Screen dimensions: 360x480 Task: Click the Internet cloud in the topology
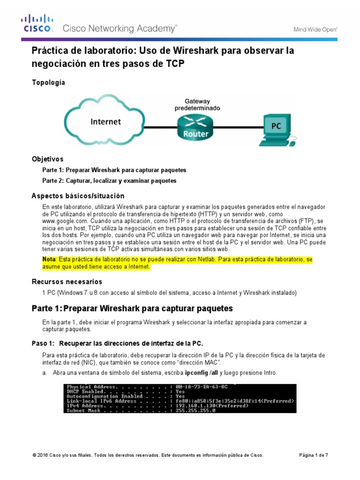tap(105, 121)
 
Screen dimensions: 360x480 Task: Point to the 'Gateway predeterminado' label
tap(197, 104)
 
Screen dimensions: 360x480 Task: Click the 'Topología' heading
tap(48, 83)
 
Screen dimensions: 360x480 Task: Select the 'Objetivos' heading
tap(47, 159)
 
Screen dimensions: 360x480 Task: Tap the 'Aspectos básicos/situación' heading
tap(78, 195)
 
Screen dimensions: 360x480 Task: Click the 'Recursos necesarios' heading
tap(67, 282)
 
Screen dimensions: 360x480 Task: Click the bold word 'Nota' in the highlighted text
tap(49, 259)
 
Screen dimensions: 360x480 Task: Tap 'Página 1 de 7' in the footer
tap(314, 455)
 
